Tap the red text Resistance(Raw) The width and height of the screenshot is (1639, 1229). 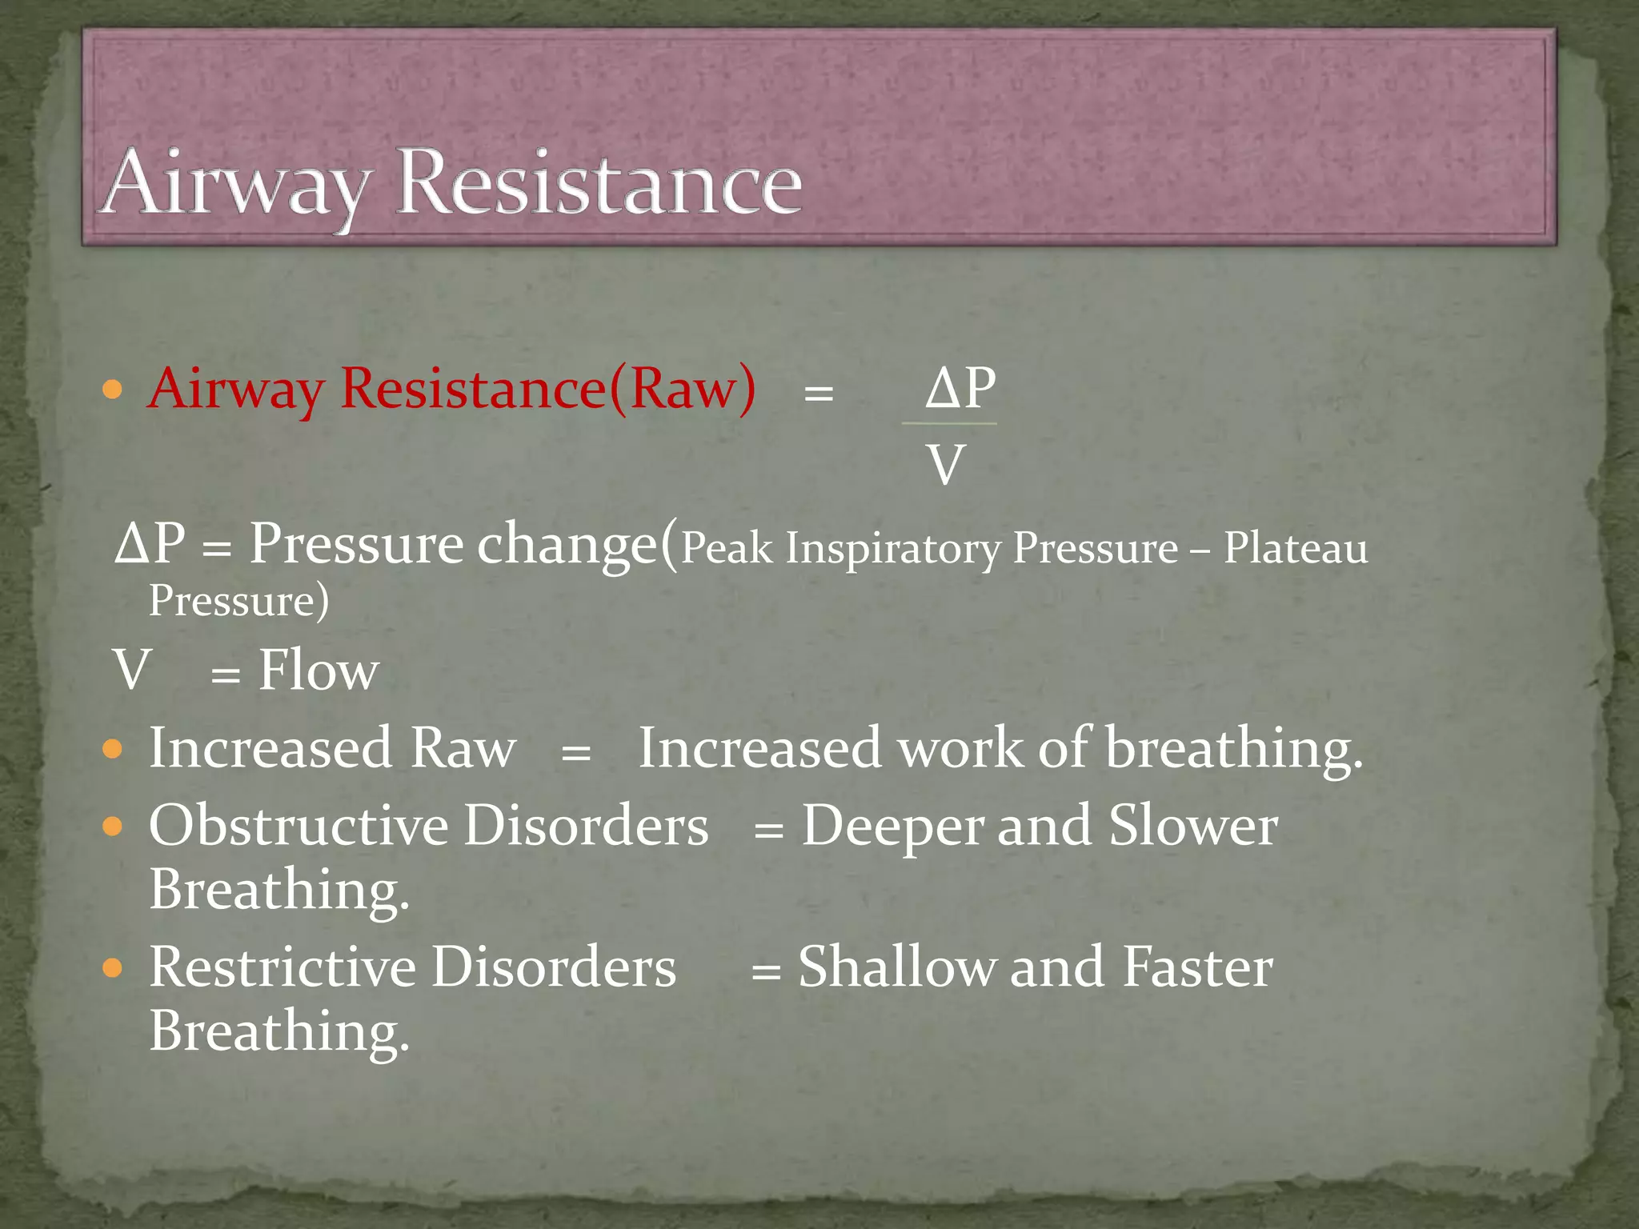point(547,389)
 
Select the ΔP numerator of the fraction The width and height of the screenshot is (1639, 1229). point(960,388)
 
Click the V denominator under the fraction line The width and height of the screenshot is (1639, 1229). point(945,465)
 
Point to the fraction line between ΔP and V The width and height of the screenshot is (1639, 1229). point(949,423)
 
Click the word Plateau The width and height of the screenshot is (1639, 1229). point(1295,549)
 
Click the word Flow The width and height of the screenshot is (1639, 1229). point(319,671)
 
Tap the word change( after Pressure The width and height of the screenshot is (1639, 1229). point(577,545)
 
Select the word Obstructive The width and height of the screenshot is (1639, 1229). point(298,826)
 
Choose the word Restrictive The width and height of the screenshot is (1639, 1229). point(283,967)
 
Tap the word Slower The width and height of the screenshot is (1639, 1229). point(1192,826)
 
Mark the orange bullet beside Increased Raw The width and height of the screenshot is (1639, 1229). point(113,750)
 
